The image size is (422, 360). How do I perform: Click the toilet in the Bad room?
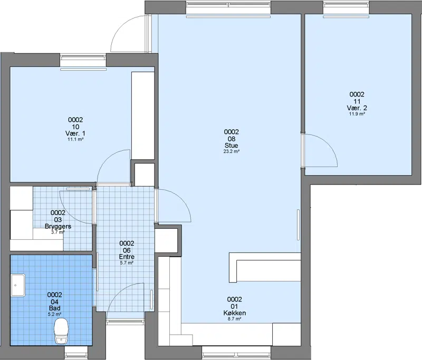click(x=61, y=331)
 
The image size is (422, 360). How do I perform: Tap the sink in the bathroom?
click(x=18, y=285)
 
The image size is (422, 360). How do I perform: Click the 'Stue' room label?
click(x=232, y=145)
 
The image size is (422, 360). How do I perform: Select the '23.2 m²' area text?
click(x=232, y=151)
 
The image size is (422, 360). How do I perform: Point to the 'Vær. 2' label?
click(x=357, y=108)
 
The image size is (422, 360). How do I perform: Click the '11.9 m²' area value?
click(x=357, y=114)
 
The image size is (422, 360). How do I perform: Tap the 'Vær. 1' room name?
click(x=75, y=133)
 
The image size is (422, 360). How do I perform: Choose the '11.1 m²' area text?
click(x=75, y=139)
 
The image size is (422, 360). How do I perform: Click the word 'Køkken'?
click(x=234, y=313)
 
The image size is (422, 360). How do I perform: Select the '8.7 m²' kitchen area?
click(x=234, y=319)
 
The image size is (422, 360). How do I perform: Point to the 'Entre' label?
click(x=127, y=257)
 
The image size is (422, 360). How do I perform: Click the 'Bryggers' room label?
click(x=58, y=226)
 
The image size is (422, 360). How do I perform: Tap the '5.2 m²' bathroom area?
click(x=54, y=314)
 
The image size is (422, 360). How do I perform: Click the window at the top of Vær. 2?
click(x=346, y=4)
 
